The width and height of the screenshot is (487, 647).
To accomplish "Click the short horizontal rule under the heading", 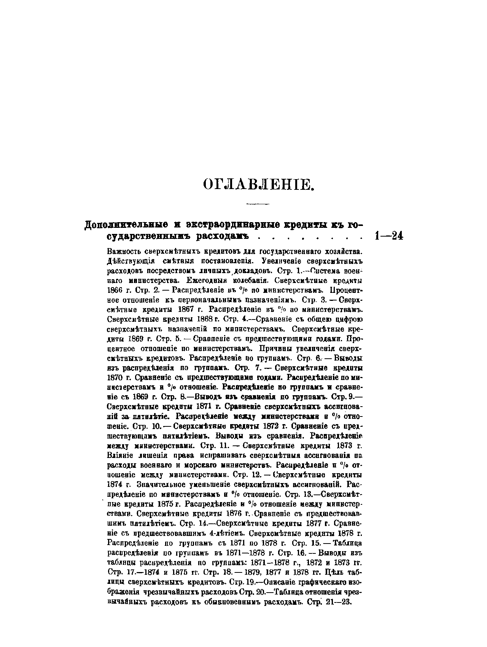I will click(x=258, y=204).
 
